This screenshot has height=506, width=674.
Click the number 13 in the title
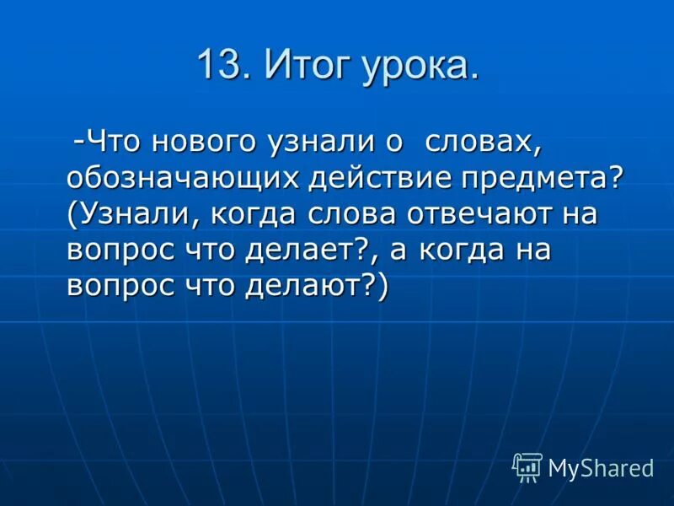[221, 66]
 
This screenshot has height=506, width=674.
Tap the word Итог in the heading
[307, 66]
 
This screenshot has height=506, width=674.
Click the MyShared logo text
[600, 468]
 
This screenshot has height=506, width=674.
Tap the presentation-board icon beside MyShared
[527, 466]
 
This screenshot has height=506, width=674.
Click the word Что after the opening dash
[113, 141]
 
